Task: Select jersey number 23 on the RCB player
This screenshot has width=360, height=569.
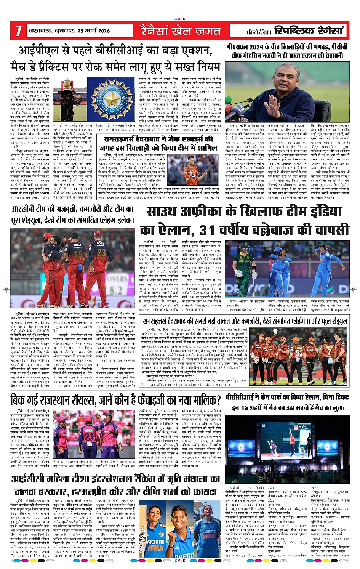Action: (102, 252)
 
